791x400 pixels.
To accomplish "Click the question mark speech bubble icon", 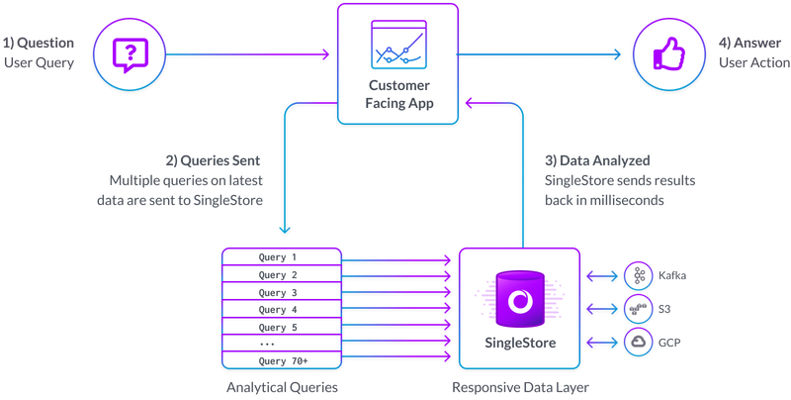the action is pyautogui.click(x=130, y=54).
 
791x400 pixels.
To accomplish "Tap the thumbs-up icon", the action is pyautogui.click(x=669, y=54).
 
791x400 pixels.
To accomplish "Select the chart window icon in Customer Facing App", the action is pyautogui.click(x=398, y=45).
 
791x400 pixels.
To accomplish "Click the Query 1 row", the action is pyautogui.click(x=282, y=256).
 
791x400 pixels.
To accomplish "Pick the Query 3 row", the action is pyautogui.click(x=282, y=292).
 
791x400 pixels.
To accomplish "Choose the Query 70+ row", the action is pyautogui.click(x=282, y=360).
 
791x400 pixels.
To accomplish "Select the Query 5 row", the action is pyautogui.click(x=282, y=327).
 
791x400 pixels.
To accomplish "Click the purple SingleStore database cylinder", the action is pyautogui.click(x=520, y=299).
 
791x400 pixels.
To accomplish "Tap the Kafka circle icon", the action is pyautogui.click(x=639, y=276).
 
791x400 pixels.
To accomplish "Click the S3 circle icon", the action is pyautogui.click(x=639, y=309).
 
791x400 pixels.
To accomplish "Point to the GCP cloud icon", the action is pyautogui.click(x=639, y=342).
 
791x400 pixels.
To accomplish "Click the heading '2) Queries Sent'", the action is pyautogui.click(x=213, y=160).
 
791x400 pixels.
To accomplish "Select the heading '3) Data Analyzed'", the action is pyautogui.click(x=597, y=160).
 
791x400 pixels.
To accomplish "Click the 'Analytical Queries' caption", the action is pyautogui.click(x=282, y=387).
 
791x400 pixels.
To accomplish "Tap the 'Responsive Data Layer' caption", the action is pyautogui.click(x=520, y=387).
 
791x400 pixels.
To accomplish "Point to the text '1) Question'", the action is pyautogui.click(x=39, y=43).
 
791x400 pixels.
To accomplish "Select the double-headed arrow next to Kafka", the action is pyautogui.click(x=602, y=276).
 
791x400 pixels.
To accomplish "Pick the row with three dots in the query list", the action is pyautogui.click(x=282, y=344).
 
